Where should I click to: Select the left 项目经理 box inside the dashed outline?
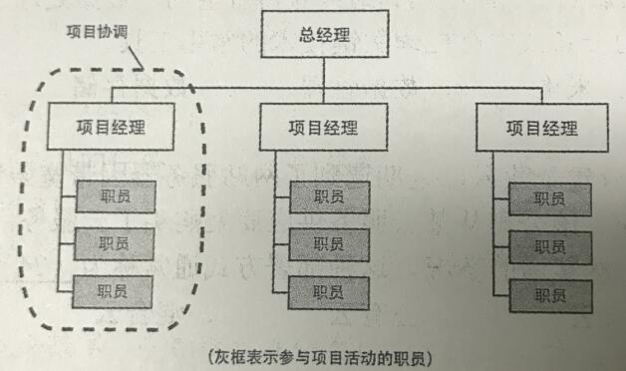[x=111, y=128]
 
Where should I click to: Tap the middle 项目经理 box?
[x=323, y=128]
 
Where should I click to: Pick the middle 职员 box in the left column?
[x=113, y=244]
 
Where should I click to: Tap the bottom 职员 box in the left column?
[x=113, y=291]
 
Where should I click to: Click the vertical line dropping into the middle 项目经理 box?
[x=325, y=98]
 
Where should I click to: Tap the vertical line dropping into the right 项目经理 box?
[x=542, y=98]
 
